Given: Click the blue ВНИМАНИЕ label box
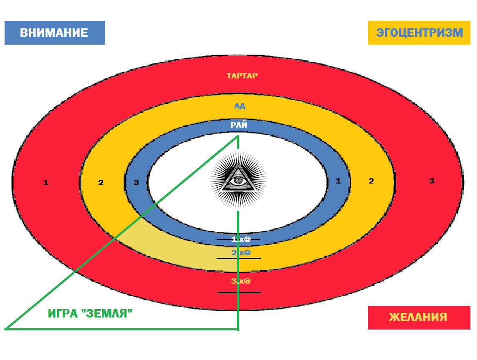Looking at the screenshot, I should coord(55,33).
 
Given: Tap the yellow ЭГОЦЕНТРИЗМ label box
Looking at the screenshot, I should coord(419,33).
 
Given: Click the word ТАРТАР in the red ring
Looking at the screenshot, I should coord(242,76).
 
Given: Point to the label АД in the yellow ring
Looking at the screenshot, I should coord(240,106).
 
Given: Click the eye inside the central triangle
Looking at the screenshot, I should coord(238,181).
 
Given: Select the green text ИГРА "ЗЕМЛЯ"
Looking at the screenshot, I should coord(91,314).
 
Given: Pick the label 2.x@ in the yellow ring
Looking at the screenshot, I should coord(241,252).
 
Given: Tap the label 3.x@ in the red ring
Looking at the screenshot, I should coord(241,281).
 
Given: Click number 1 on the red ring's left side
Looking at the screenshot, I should coord(46,182).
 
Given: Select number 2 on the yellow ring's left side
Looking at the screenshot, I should coord(101,182).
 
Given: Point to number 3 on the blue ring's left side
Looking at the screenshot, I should coord(136,182).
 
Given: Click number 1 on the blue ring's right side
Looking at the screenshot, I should coord(338,181).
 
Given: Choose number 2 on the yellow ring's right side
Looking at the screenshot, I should coord(371,181).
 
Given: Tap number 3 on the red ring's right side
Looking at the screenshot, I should coord(432,181).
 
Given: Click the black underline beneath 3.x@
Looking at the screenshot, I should coord(239,292).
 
